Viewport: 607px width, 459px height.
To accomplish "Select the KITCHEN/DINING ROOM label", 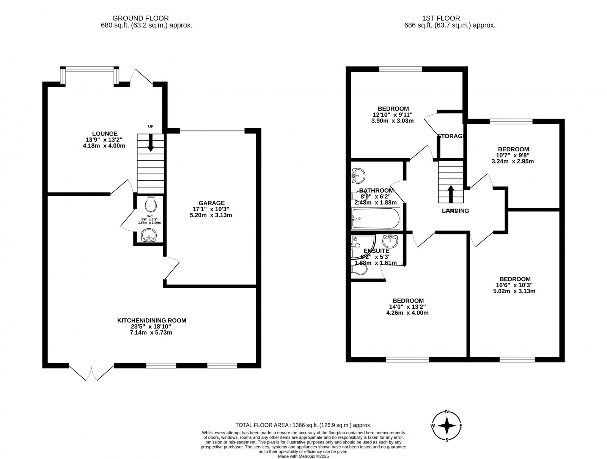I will (x=151, y=321).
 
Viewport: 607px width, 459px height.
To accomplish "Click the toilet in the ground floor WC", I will (x=151, y=205).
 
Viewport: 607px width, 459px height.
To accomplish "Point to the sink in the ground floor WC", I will (x=148, y=236).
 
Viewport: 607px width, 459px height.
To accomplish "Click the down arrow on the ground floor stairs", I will (x=151, y=143).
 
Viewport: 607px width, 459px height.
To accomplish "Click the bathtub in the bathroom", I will (x=376, y=218).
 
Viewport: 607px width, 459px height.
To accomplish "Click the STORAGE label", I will (x=451, y=136).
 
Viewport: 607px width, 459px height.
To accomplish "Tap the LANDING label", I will (x=455, y=211).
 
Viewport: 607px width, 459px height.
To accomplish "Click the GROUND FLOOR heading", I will (x=140, y=18).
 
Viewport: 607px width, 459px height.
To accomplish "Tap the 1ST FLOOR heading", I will (x=441, y=18).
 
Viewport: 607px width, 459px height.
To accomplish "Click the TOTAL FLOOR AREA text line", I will (x=303, y=425).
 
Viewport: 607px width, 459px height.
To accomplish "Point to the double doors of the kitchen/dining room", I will (x=91, y=373).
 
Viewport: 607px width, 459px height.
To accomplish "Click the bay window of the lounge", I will (x=90, y=69).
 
